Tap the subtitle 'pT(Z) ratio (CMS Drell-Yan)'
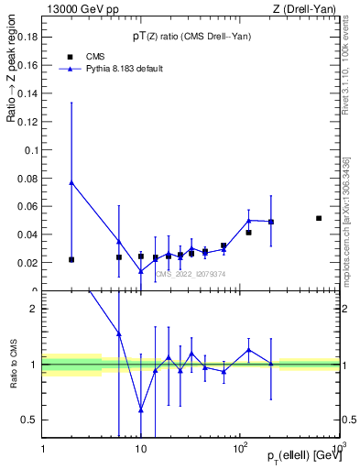tap(191, 36)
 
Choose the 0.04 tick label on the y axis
tap(29, 234)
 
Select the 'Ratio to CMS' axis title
tap(12, 364)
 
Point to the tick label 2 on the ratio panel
tap(35, 309)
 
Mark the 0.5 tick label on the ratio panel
tap(30, 420)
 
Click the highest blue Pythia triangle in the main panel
tap(71, 182)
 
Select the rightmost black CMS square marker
tap(319, 218)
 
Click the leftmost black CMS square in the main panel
tap(71, 259)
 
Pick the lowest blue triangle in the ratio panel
tap(140, 409)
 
